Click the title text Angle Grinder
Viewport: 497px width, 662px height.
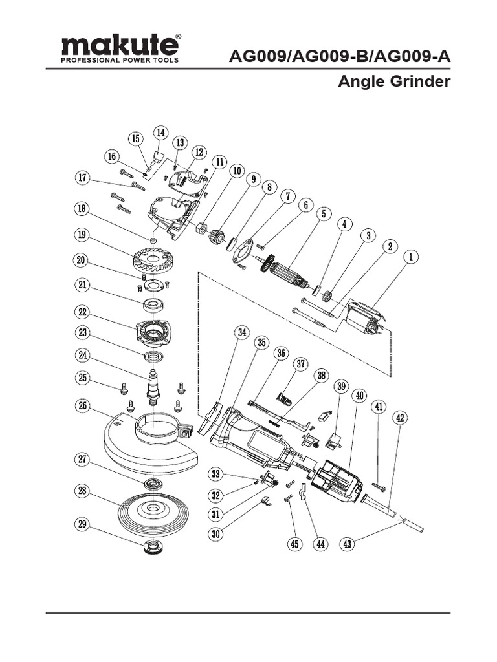pyautogui.click(x=394, y=82)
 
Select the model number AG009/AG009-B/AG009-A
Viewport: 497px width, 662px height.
pyautogui.click(x=340, y=57)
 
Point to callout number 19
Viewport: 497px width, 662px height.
pyautogui.click(x=81, y=235)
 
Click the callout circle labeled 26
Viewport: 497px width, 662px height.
pyautogui.click(x=82, y=407)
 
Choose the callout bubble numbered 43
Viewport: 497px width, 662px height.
pyautogui.click(x=348, y=544)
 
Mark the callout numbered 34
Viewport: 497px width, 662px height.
pyautogui.click(x=241, y=333)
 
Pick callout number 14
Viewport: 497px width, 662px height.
pyautogui.click(x=159, y=133)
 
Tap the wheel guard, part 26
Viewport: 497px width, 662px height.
pyautogui.click(x=149, y=446)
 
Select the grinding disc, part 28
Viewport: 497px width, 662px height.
pyautogui.click(x=153, y=509)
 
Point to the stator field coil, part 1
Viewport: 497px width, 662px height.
pyautogui.click(x=366, y=319)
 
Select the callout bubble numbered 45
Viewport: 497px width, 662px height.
pyautogui.click(x=294, y=544)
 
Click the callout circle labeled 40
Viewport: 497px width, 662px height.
pyautogui.click(x=360, y=396)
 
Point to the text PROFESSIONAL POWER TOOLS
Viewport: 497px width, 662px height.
pyautogui.click(x=119, y=61)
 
